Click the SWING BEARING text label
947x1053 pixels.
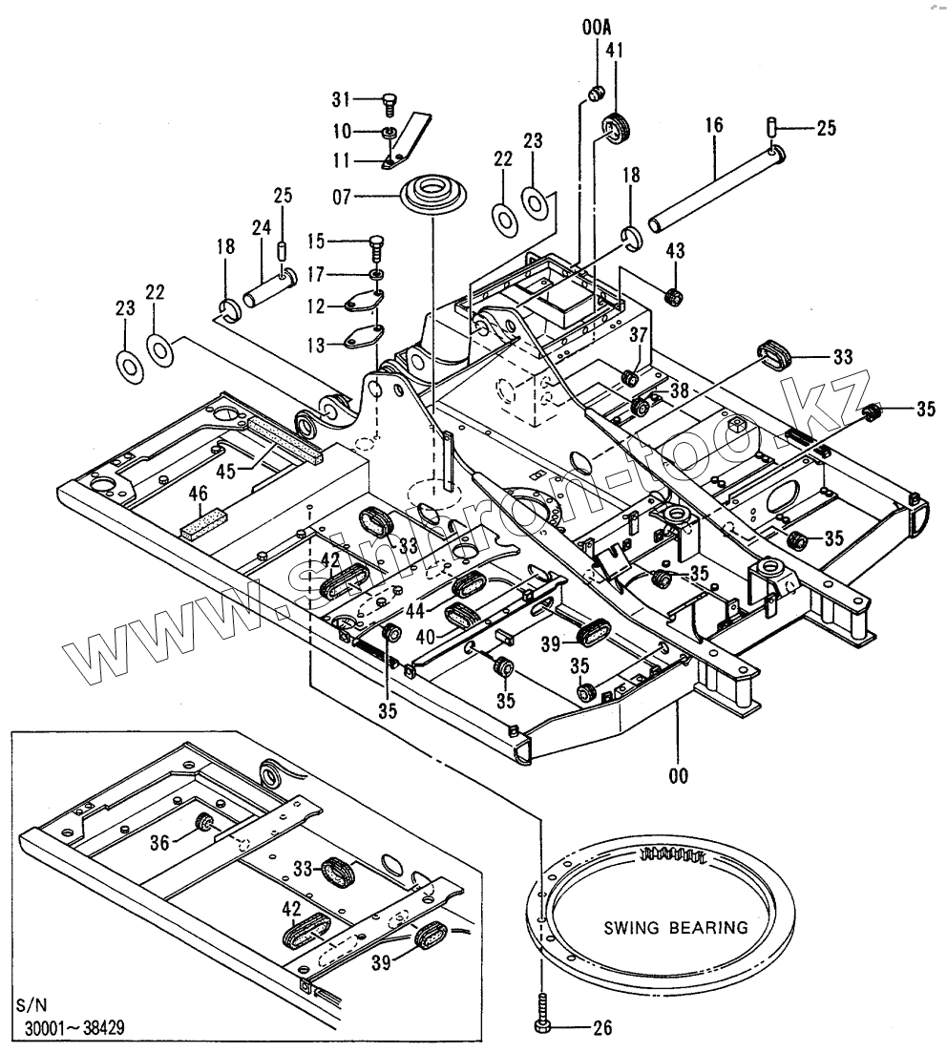click(x=674, y=927)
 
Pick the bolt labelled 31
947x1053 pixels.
click(x=389, y=98)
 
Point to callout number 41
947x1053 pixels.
click(x=613, y=49)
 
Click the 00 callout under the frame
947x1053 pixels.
click(x=678, y=776)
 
